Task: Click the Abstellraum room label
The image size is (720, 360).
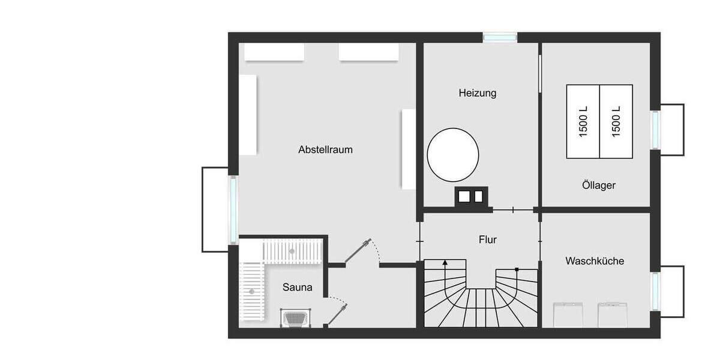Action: [x=325, y=149]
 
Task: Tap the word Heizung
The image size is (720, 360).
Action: [x=478, y=93]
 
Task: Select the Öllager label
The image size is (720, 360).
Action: [x=598, y=185]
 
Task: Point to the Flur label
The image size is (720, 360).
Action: [x=488, y=240]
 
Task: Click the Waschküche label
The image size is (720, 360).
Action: [x=595, y=261]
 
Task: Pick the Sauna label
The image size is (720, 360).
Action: [x=297, y=287]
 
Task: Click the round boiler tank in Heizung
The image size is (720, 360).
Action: [x=453, y=155]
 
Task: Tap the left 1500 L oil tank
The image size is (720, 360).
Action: [x=583, y=121]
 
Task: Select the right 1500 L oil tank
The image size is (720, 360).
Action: [x=616, y=121]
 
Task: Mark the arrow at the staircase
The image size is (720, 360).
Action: [x=445, y=263]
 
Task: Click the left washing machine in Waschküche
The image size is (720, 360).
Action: [x=568, y=314]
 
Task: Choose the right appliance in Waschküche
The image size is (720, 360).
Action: [x=613, y=314]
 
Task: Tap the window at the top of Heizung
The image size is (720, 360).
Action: [x=500, y=37]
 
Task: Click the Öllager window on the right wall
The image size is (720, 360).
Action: [x=655, y=130]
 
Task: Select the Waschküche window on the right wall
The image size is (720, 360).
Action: [x=655, y=291]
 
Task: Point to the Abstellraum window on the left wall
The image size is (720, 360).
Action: [x=233, y=209]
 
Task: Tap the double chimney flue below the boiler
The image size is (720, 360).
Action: [x=472, y=196]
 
